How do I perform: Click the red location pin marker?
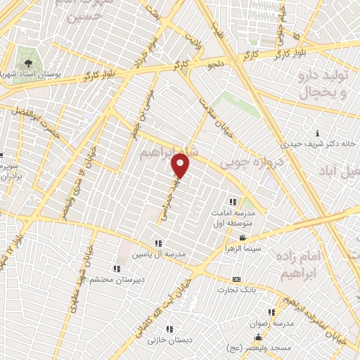coord(181,166)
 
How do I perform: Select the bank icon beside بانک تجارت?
coord(236,279)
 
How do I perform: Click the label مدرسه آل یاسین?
coord(163,253)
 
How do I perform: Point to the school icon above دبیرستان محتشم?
coord(116,268)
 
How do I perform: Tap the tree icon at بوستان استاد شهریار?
coord(29,54)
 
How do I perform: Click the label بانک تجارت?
coord(236,290)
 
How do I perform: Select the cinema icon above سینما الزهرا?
coord(243,238)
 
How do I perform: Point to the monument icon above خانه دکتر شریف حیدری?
coord(317,133)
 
